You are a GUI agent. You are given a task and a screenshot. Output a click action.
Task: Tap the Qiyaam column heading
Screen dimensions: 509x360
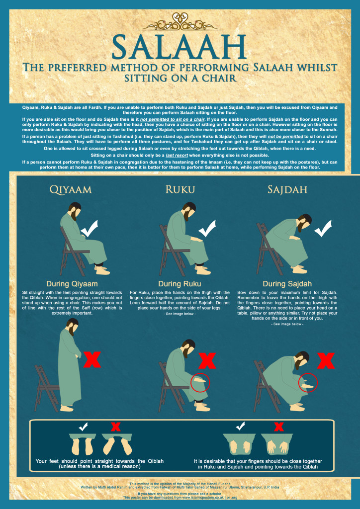pos(71,190)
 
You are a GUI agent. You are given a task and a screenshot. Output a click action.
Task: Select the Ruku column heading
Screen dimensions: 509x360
pos(180,190)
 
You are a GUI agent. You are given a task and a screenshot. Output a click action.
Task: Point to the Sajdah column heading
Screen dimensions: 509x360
pos(288,190)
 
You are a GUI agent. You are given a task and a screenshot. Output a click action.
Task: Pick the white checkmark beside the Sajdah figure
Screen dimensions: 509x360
pos(323,228)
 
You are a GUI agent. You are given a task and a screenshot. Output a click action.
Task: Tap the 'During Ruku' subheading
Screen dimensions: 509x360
pos(180,284)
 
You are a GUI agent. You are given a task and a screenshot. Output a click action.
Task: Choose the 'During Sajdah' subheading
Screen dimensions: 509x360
pos(288,284)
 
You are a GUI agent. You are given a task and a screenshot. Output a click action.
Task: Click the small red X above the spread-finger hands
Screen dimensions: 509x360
pos(279,426)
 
